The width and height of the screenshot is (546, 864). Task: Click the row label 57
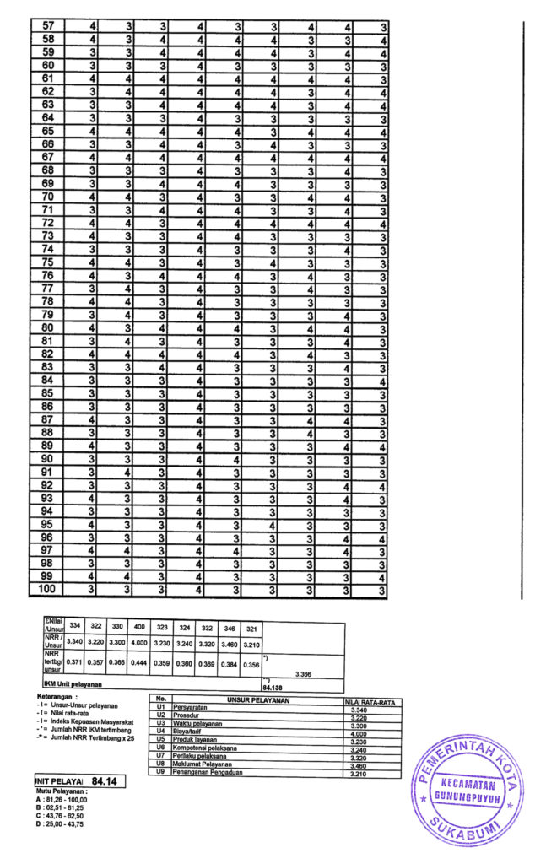48,27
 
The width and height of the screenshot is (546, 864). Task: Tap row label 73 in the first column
48,236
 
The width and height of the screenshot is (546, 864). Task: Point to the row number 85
48,393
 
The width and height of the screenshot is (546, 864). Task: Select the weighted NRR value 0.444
140,663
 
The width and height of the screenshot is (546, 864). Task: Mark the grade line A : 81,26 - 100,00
66,802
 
